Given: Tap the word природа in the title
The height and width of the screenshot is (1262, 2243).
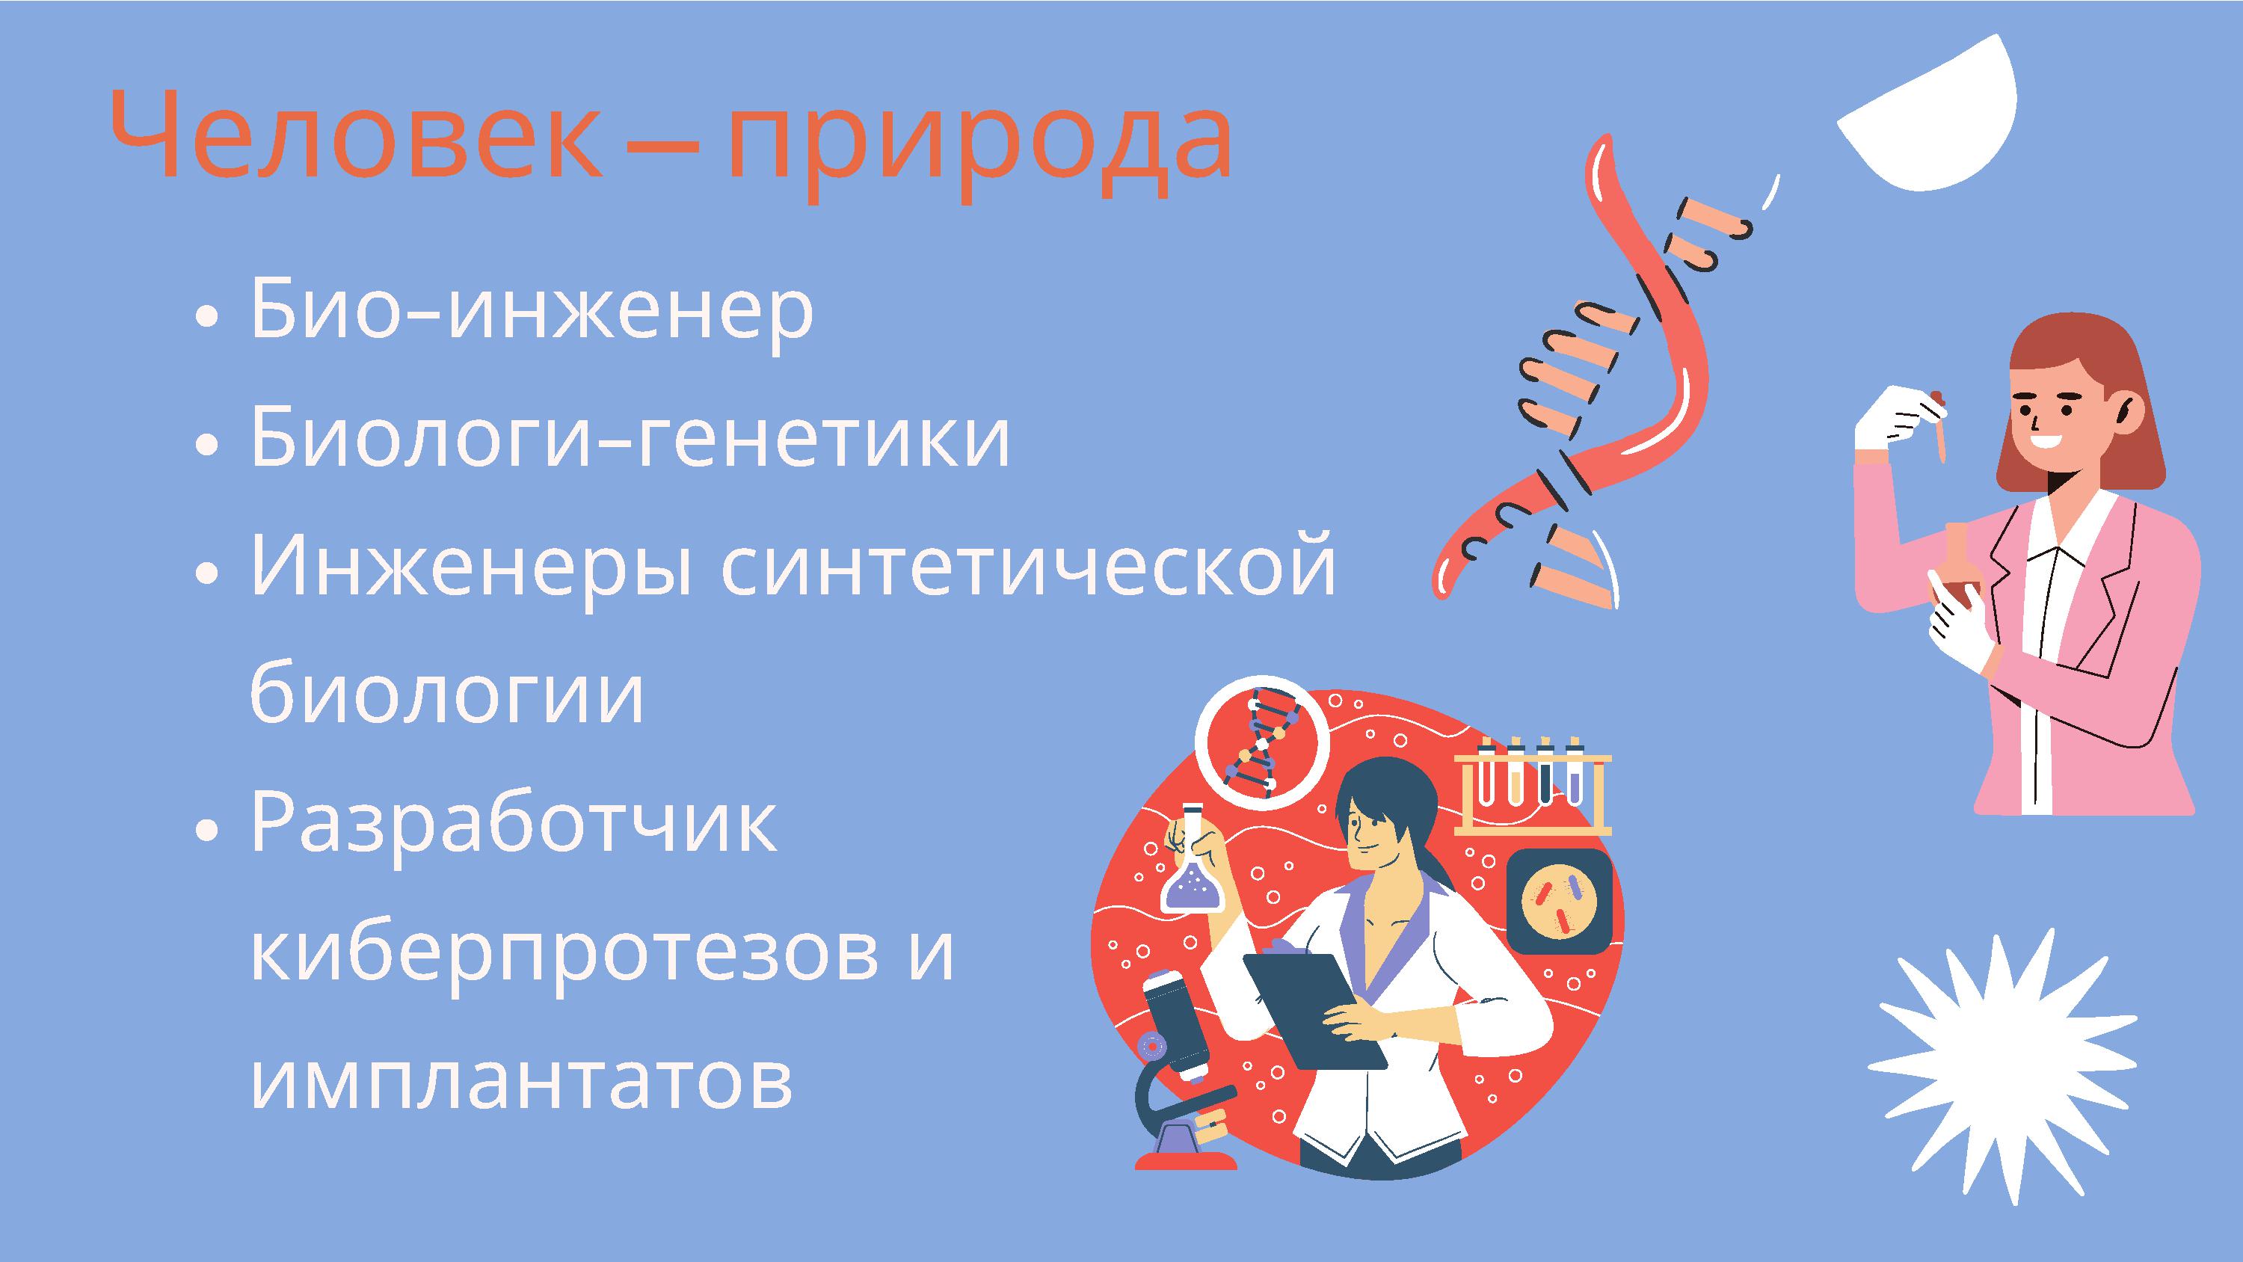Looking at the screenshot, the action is pyautogui.click(x=980, y=144).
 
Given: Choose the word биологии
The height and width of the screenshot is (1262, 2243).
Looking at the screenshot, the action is pyautogui.click(x=446, y=692).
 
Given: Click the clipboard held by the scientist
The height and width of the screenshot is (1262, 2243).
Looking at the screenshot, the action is pyautogui.click(x=1315, y=1010).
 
